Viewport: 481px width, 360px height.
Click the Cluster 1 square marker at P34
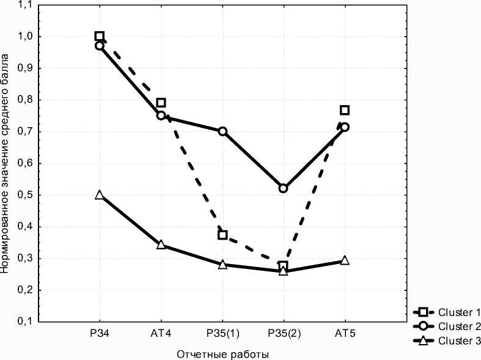100,36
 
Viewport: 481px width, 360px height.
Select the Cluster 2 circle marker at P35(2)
283,188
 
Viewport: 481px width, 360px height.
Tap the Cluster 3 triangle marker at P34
100,195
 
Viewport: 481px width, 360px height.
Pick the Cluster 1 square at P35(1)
222,235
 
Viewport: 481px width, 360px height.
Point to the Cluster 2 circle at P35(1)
222,131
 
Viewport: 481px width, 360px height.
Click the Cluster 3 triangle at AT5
345,260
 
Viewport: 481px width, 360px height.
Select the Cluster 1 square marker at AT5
345,110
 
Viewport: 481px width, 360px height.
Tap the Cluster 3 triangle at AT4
161,244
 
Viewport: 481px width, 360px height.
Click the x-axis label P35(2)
283,334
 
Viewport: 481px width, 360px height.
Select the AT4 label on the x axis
161,334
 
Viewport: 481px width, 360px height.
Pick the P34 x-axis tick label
100,334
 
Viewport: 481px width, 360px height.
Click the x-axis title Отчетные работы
222,354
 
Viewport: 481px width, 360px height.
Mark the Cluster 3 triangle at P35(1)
222,265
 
